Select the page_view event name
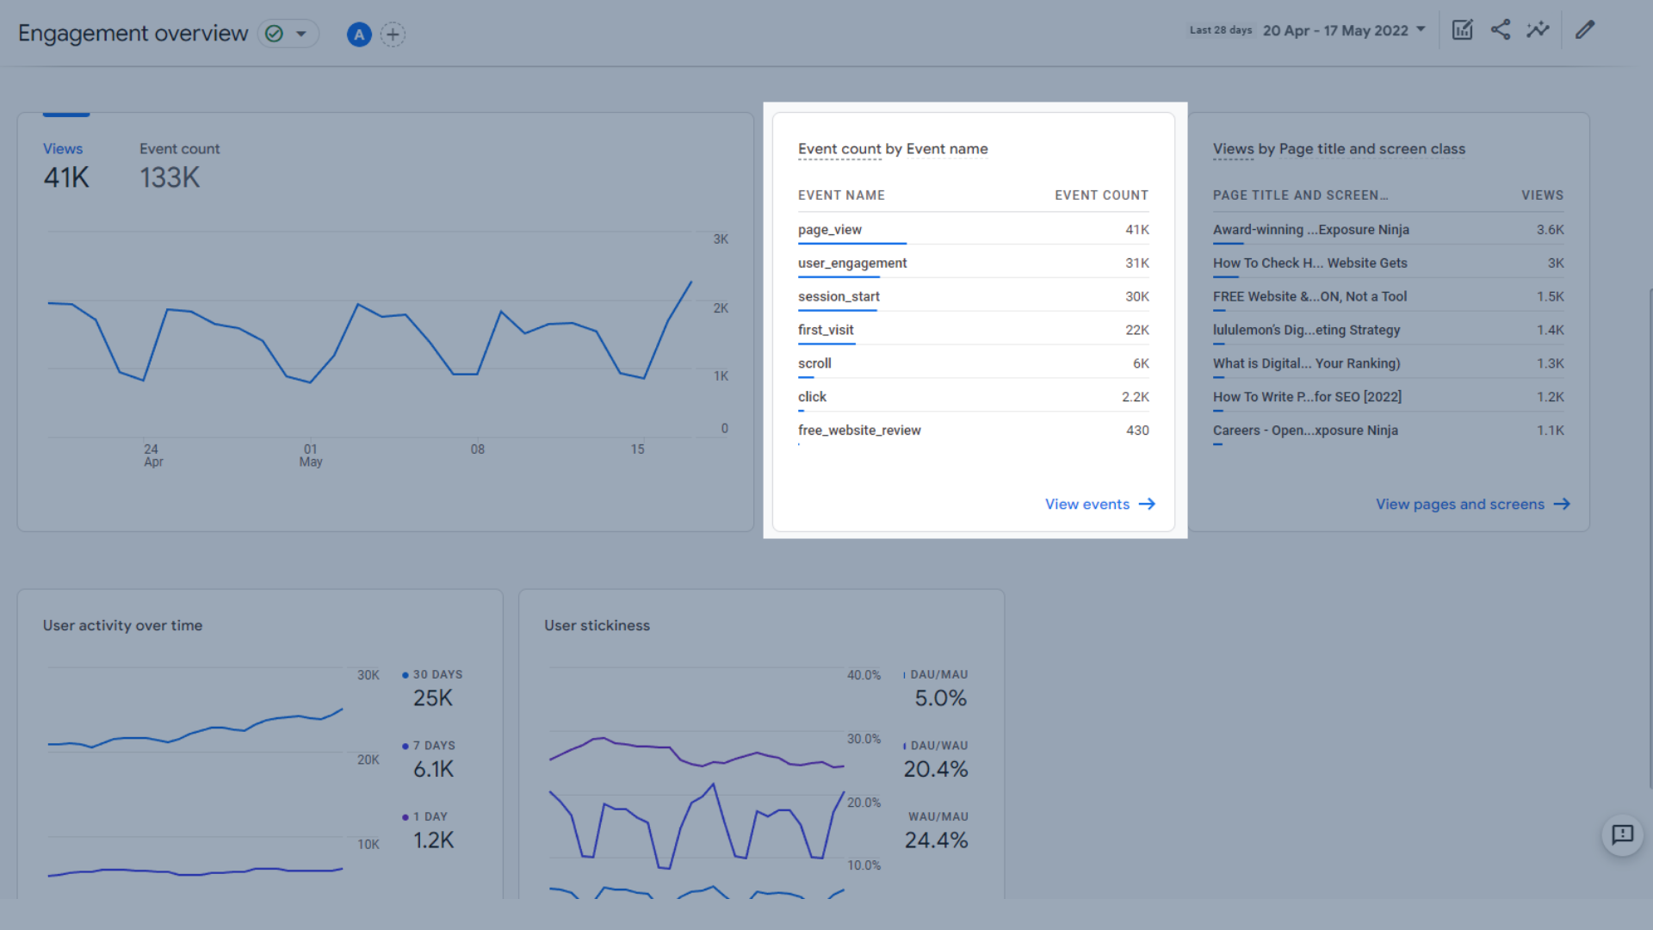829,230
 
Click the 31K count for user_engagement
1136,263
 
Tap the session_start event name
838,297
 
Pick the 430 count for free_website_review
1136,431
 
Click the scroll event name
814,363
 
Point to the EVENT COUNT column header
1101,195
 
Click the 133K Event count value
170,178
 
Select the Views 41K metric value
66,178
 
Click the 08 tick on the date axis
477,449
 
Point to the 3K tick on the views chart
721,239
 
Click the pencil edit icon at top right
1585,30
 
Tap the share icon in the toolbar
1501,30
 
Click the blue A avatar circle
359,34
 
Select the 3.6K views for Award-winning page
1550,230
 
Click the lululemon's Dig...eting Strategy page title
1306,330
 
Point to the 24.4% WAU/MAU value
936,840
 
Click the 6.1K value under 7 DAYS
433,770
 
